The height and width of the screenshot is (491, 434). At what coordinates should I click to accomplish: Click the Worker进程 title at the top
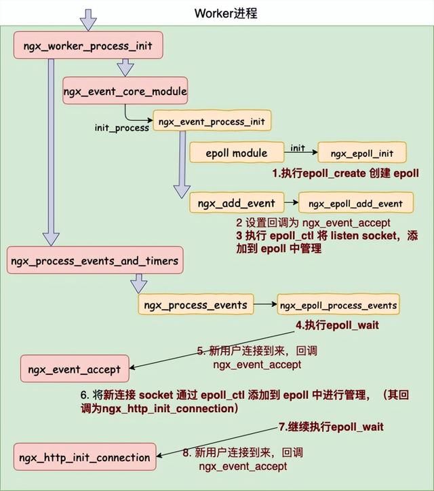(x=226, y=13)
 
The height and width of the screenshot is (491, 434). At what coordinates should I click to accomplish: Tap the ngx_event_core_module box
(x=125, y=90)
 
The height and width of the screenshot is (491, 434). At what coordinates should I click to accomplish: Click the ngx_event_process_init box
(x=211, y=122)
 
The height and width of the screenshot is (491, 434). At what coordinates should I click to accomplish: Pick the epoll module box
(x=236, y=153)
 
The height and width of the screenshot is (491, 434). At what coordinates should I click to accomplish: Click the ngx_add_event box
(x=236, y=202)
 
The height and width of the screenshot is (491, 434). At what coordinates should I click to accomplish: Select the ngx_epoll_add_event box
(x=355, y=203)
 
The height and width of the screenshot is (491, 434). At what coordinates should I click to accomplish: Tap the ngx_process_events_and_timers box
(x=95, y=260)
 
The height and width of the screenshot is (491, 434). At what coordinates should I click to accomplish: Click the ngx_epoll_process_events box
(x=338, y=305)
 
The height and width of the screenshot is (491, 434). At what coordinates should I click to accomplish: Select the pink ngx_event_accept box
(x=75, y=369)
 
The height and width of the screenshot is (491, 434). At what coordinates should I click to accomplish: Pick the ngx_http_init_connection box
(x=84, y=457)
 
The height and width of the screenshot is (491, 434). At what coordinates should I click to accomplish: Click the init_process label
(x=121, y=128)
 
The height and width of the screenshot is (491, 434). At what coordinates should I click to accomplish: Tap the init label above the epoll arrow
(x=297, y=147)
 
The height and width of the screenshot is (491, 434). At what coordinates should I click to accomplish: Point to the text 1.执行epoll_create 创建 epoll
(x=346, y=174)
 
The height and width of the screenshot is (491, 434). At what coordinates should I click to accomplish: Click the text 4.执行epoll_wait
(x=337, y=325)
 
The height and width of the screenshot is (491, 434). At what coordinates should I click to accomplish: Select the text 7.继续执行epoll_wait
(x=331, y=426)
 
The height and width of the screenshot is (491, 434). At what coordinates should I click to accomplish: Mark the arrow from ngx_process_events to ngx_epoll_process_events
(x=265, y=305)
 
